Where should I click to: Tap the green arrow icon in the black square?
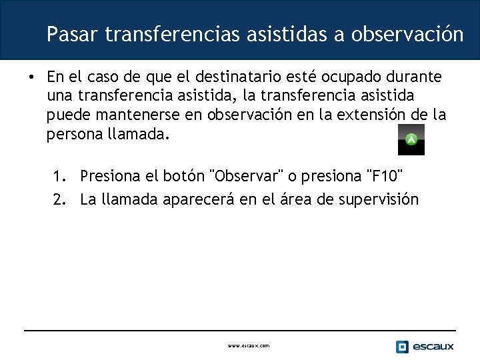[411, 139]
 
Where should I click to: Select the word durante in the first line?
[416, 77]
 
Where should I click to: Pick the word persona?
[74, 135]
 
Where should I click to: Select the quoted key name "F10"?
[384, 176]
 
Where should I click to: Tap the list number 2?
[59, 199]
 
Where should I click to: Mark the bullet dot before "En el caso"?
[31, 77]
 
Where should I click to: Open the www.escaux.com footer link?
[249, 346]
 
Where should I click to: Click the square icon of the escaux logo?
[401, 346]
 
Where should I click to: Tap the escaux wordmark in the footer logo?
[433, 346]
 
